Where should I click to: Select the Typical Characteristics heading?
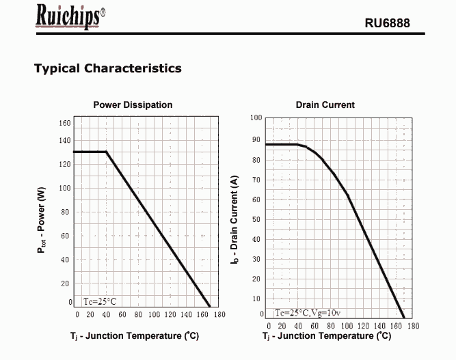(107, 68)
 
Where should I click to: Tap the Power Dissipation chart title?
(133, 105)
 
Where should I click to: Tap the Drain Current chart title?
(325, 105)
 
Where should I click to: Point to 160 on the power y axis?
(64, 123)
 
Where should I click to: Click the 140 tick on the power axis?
(64, 140)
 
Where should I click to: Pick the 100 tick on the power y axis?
(64, 188)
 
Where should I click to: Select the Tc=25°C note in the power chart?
(100, 301)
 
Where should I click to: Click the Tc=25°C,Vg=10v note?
(306, 312)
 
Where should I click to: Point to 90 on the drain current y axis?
(256, 140)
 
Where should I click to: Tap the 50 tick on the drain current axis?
(256, 219)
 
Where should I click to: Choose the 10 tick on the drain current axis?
(256, 299)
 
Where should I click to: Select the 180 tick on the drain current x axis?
(413, 326)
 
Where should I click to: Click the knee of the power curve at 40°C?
(107, 152)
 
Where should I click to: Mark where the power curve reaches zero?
(210, 307)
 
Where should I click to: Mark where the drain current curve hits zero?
(404, 318)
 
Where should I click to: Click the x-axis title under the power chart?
(134, 337)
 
